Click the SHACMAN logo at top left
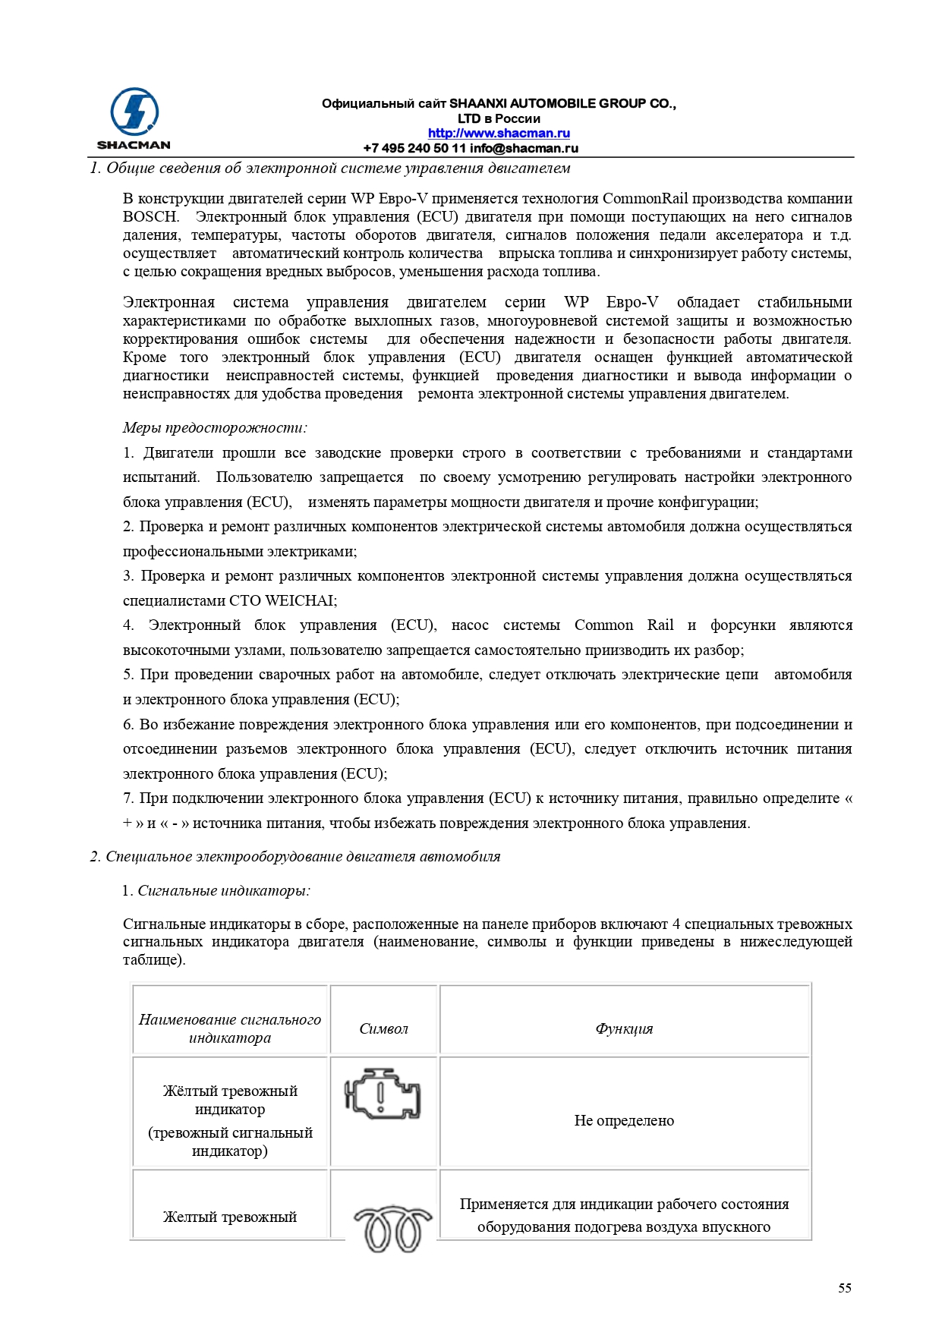pyautogui.click(x=134, y=118)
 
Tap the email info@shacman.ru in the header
pyautogui.click(x=524, y=149)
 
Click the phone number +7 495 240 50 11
pyautogui.click(x=414, y=149)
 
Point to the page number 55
pyautogui.click(x=844, y=1288)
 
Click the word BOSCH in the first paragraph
pyautogui.click(x=150, y=217)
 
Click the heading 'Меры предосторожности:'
pyautogui.click(x=215, y=428)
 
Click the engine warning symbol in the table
pyautogui.click(x=383, y=1094)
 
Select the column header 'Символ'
pyautogui.click(x=383, y=1029)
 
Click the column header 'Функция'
pyautogui.click(x=624, y=1029)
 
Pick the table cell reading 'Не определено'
pyautogui.click(x=624, y=1121)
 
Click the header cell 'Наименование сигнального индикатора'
pyautogui.click(x=230, y=1029)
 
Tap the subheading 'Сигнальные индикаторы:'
pyautogui.click(x=223, y=891)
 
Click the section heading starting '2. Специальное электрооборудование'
pyautogui.click(x=295, y=857)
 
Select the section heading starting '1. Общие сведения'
pyautogui.click(x=330, y=168)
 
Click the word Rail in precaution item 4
pyautogui.click(x=660, y=625)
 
